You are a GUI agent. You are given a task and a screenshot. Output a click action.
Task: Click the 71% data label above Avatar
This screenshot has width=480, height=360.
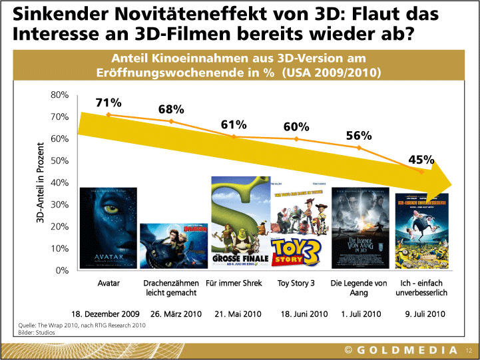109,102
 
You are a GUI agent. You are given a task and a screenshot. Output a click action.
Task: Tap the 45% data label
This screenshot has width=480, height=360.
421,160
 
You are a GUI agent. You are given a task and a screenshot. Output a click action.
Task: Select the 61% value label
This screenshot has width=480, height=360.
234,124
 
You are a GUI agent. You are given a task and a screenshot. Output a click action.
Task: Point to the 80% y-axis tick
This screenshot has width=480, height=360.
60,95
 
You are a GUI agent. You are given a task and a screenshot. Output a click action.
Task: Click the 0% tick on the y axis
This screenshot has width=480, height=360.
62,270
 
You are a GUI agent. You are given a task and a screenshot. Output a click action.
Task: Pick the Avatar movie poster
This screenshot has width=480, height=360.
108,228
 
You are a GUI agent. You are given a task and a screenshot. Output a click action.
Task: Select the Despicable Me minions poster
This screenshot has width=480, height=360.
421,230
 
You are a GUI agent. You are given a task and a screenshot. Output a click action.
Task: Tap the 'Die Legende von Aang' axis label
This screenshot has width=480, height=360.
359,287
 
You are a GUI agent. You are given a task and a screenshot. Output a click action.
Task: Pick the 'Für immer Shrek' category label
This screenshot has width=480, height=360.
234,283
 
